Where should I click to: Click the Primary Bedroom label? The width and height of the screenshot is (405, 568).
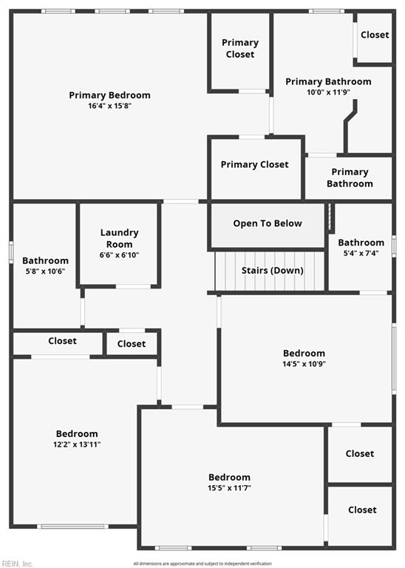[x=109, y=95]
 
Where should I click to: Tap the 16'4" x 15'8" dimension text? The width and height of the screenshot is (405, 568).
[x=109, y=106]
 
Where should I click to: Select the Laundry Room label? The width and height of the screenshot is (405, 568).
[x=119, y=238]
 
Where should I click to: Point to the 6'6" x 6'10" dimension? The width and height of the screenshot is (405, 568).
[x=119, y=255]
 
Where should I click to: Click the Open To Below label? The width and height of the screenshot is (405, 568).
[x=268, y=223]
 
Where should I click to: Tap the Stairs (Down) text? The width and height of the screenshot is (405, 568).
[x=273, y=270]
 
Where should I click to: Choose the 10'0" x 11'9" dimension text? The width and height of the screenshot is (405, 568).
[x=328, y=92]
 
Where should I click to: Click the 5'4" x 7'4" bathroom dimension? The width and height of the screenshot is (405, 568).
[x=361, y=253]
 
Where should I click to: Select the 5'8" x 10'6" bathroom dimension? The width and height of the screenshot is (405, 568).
[x=45, y=271]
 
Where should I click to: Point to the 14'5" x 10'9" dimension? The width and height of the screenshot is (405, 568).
[x=304, y=364]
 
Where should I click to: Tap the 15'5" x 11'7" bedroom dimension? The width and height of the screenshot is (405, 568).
[x=229, y=488]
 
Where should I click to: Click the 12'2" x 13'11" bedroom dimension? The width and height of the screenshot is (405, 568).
[x=77, y=444]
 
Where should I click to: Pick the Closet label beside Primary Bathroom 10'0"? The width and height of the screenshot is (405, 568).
[x=375, y=35]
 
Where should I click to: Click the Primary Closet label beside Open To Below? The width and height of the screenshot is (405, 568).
[x=255, y=165]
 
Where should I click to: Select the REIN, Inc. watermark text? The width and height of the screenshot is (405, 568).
[x=18, y=564]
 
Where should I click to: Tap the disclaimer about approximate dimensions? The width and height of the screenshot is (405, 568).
[x=202, y=564]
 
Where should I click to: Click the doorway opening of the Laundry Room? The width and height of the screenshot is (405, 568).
[x=133, y=286]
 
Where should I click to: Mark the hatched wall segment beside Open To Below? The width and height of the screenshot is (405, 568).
[x=330, y=217]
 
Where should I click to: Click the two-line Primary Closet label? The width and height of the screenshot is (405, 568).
[x=240, y=49]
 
